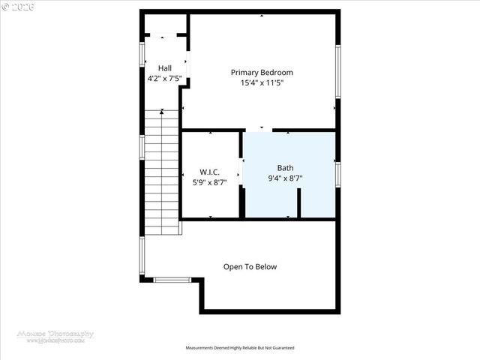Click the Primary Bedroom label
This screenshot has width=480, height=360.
(x=261, y=73)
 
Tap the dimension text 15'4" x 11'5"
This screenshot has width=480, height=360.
(x=261, y=83)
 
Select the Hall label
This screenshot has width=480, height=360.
(x=164, y=68)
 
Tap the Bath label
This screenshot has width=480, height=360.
(x=286, y=168)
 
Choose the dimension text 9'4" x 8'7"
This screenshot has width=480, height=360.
(x=286, y=178)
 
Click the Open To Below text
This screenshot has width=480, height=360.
(x=250, y=266)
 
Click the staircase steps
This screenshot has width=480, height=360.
(x=161, y=172)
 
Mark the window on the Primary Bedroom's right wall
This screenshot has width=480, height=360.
(x=338, y=71)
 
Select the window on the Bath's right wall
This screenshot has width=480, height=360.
(x=338, y=174)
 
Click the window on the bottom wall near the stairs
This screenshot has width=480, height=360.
(x=172, y=280)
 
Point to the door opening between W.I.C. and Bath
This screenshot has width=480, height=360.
(x=241, y=171)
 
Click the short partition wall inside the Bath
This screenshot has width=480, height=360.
(x=298, y=202)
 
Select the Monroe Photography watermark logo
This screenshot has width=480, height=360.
(x=56, y=336)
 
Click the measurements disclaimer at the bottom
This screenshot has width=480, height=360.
(x=240, y=348)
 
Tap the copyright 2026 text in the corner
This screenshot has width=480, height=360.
(x=16, y=6)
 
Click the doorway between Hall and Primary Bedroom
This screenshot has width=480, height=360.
(x=187, y=64)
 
